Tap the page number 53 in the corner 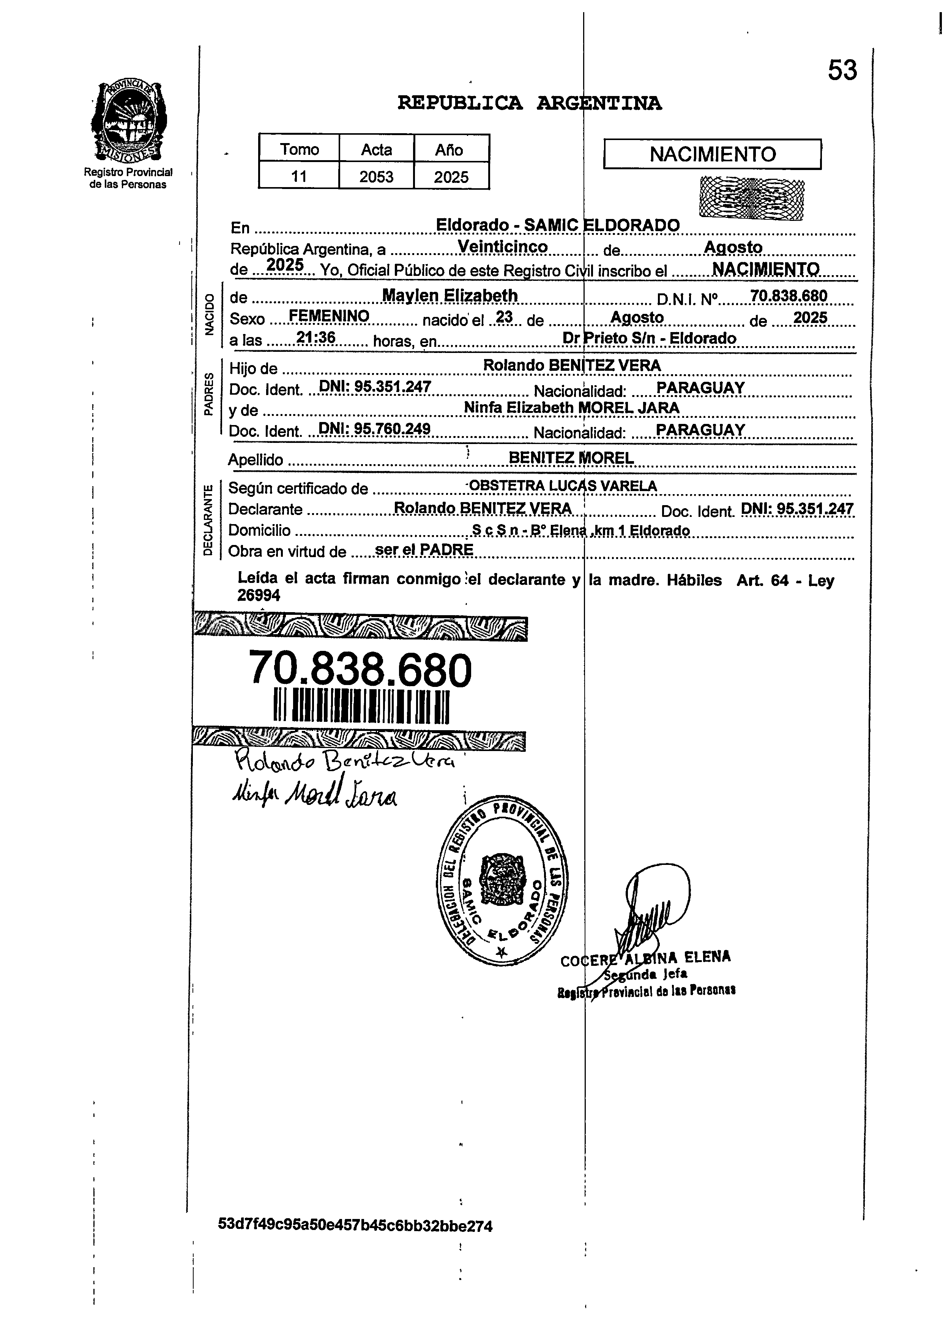(x=842, y=71)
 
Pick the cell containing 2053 (x=376, y=176)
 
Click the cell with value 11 (x=299, y=176)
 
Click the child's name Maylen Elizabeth (x=450, y=296)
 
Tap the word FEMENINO (x=329, y=316)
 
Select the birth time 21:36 (x=316, y=337)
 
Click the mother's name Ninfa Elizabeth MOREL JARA (x=571, y=408)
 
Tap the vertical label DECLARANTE (x=208, y=520)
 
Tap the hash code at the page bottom (x=355, y=1225)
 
